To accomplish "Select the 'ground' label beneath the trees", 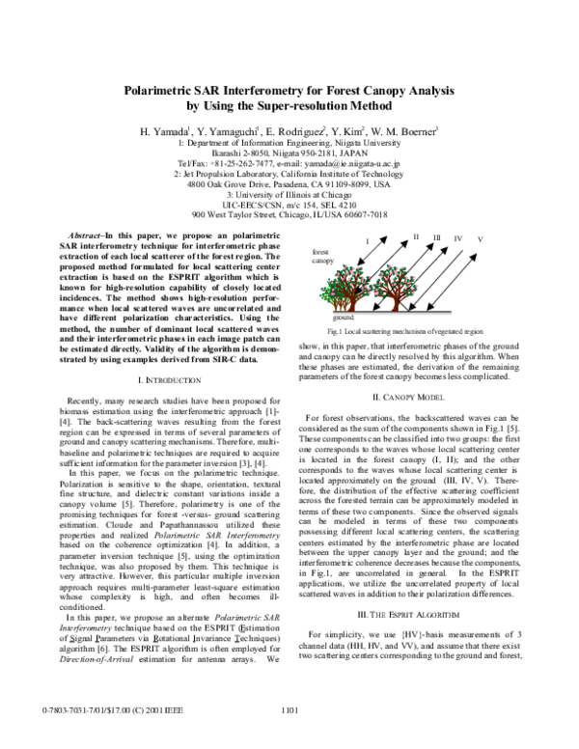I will (343, 316).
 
